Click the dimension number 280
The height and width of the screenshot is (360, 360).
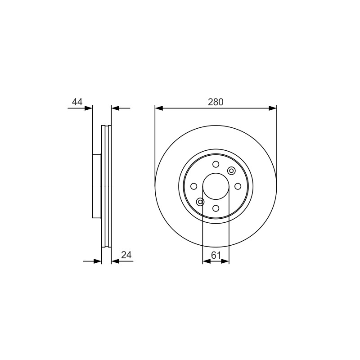(x=216, y=102)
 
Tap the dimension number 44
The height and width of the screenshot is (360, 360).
(x=77, y=102)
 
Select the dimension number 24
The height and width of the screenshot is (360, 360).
(x=126, y=255)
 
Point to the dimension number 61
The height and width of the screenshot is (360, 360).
(x=216, y=255)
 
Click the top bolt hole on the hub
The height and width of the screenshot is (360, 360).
(x=216, y=164)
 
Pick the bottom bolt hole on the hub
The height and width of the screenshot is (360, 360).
(x=216, y=208)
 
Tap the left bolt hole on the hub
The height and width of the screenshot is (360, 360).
(x=194, y=186)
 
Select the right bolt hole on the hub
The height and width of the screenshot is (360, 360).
(x=238, y=186)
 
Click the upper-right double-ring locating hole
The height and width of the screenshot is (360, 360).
(x=231, y=171)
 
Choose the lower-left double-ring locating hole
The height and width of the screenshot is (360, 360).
(x=200, y=202)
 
